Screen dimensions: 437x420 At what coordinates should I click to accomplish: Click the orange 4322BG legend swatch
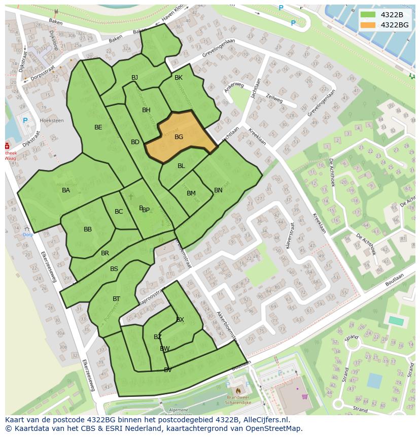click(368, 25)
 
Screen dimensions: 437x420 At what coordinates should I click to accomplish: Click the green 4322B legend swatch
click(368, 15)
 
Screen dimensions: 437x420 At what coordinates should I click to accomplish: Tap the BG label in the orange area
click(179, 137)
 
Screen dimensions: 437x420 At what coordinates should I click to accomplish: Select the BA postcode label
click(66, 190)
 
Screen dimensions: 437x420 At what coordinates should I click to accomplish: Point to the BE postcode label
click(98, 127)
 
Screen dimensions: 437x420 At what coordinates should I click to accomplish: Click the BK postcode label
click(179, 78)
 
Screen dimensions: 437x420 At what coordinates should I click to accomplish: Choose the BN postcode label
click(218, 190)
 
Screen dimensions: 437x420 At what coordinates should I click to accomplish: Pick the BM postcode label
click(191, 193)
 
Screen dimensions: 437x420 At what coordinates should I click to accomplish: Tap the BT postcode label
click(117, 299)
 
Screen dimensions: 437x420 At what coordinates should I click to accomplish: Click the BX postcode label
click(180, 319)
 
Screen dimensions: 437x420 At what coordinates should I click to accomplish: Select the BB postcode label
click(88, 229)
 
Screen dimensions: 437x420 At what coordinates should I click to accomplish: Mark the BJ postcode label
click(135, 78)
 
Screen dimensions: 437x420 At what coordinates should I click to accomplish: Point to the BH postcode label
click(146, 110)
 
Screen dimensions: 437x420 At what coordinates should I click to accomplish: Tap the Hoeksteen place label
click(52, 121)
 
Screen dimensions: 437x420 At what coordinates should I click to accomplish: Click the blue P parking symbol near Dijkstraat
click(25, 120)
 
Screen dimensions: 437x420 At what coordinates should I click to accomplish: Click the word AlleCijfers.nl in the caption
click(264, 420)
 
